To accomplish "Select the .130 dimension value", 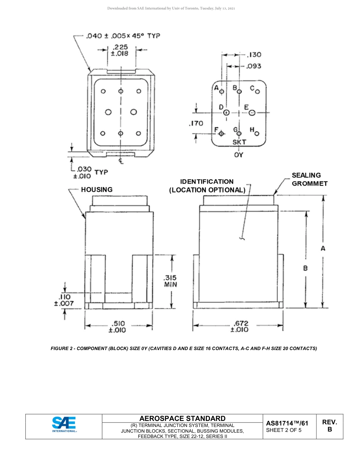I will pyautogui.click(x=254, y=55).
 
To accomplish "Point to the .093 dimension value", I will pyautogui.click(x=254, y=66).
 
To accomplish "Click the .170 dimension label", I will pyautogui.click(x=196, y=123).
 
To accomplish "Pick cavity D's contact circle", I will pyautogui.click(x=226, y=113).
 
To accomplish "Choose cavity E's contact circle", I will pyautogui.click(x=252, y=113).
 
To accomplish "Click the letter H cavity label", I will pyautogui.click(x=252, y=130).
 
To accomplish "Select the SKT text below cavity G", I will pyautogui.click(x=239, y=142).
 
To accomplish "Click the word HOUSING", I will pyautogui.click(x=97, y=189).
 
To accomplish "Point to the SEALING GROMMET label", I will pyautogui.click(x=309, y=179).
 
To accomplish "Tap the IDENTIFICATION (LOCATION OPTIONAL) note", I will pyautogui.click(x=207, y=186).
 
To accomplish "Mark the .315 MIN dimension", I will pyautogui.click(x=171, y=281).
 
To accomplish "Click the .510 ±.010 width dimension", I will pyautogui.click(x=117, y=327).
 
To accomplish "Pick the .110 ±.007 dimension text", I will pyautogui.click(x=64, y=300).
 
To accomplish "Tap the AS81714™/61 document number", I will pyautogui.click(x=287, y=423).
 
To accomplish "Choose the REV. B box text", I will pyautogui.click(x=330, y=426).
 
